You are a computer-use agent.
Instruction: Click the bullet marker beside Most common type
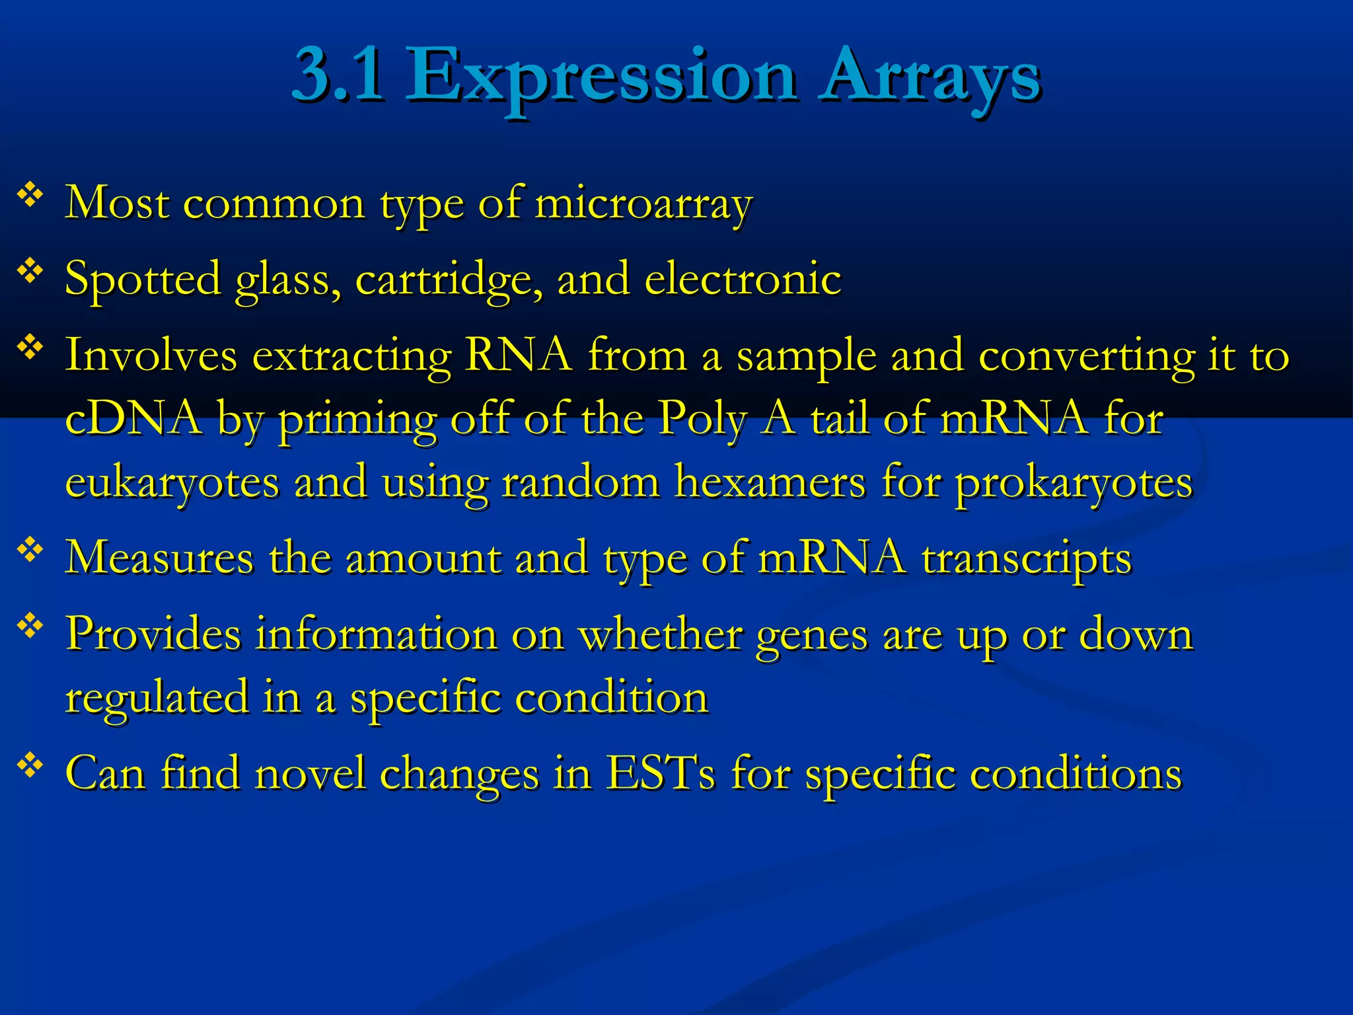click(x=30, y=195)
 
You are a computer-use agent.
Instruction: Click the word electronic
click(x=743, y=278)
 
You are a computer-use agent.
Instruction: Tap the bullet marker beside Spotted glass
click(x=30, y=271)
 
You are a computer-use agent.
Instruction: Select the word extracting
click(x=351, y=356)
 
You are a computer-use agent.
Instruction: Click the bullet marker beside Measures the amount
click(x=30, y=549)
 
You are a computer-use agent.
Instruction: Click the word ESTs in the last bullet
click(x=660, y=772)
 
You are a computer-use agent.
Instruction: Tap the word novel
click(x=310, y=772)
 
